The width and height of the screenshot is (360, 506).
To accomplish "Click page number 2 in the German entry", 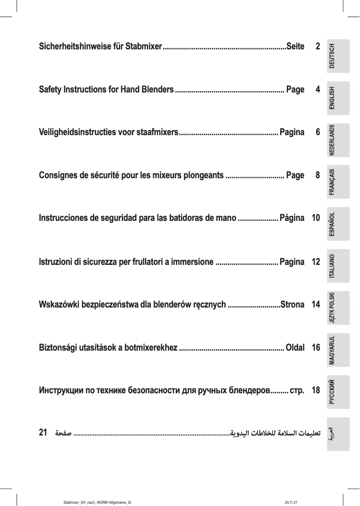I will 318,47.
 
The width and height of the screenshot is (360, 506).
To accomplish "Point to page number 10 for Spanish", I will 316,219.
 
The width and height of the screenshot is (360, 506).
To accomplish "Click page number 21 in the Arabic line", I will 44,433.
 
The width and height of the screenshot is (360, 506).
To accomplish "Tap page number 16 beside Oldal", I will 316,348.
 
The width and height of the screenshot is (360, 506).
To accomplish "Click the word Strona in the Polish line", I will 292,305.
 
